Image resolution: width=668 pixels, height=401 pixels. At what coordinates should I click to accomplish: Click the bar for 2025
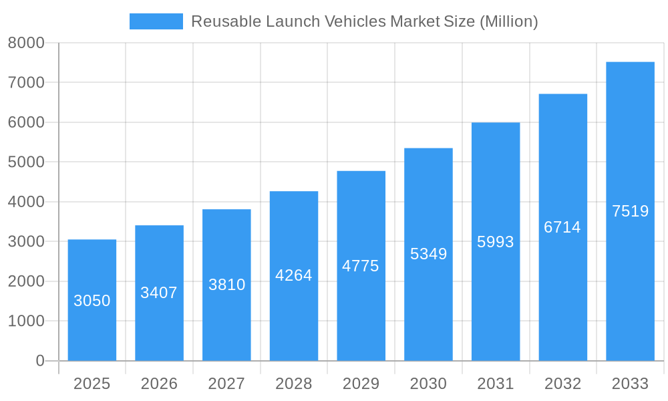click(x=92, y=300)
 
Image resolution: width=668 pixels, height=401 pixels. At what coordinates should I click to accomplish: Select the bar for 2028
click(x=294, y=276)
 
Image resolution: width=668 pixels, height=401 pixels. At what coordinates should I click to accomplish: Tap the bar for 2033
click(x=630, y=211)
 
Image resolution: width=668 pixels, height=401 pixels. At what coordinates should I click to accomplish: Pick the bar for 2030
click(x=428, y=254)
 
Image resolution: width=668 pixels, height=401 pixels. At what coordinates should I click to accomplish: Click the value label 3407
click(x=159, y=293)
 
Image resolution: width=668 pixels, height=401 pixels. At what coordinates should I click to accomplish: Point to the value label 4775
click(x=361, y=266)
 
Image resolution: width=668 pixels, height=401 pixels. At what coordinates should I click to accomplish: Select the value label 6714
click(x=562, y=227)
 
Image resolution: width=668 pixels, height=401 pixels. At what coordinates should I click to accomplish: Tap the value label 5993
click(x=496, y=242)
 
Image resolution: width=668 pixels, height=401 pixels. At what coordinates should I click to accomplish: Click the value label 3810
click(x=227, y=285)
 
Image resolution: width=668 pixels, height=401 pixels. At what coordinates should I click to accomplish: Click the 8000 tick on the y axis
click(x=26, y=43)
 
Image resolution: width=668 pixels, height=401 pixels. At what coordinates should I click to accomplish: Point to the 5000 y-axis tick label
click(x=26, y=162)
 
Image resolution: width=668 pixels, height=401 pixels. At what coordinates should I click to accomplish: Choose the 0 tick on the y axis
click(x=39, y=361)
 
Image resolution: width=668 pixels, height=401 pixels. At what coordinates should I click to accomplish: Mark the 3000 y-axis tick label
click(x=26, y=241)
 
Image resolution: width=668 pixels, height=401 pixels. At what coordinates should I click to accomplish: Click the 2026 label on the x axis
click(x=159, y=384)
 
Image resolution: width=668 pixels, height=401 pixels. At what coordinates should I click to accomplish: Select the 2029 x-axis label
click(x=361, y=384)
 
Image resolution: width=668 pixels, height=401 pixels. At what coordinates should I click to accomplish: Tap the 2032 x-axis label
click(x=562, y=384)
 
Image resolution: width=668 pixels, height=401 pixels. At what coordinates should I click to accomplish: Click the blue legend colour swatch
click(x=156, y=21)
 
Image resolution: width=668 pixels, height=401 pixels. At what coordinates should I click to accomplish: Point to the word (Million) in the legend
click(x=508, y=21)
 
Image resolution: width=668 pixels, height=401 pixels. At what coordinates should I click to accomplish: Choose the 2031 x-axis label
click(x=496, y=384)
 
